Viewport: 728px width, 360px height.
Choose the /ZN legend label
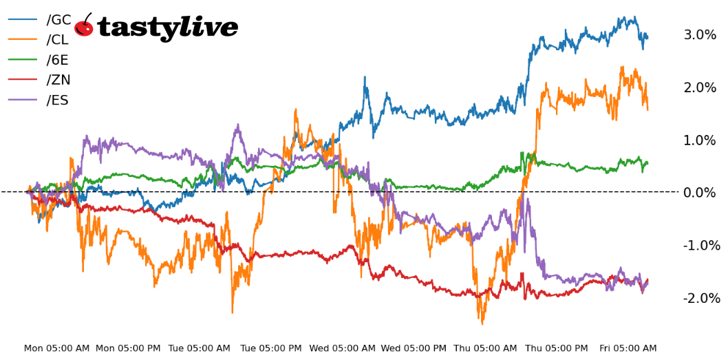pos(58,81)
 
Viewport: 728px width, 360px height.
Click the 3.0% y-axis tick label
pos(700,35)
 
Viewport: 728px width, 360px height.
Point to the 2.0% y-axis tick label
pos(700,87)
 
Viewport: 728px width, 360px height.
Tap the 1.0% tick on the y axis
pos(700,140)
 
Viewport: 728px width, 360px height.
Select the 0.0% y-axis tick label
pos(700,193)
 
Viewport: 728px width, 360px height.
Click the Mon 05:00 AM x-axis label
pos(56,349)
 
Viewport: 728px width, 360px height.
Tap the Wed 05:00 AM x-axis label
pos(343,349)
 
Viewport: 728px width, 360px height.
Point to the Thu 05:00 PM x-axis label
pos(557,349)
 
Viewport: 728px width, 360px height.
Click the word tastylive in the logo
pos(168,28)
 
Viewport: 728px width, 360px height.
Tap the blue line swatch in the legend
pos(23,21)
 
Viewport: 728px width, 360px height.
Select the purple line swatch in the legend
pos(23,100)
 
